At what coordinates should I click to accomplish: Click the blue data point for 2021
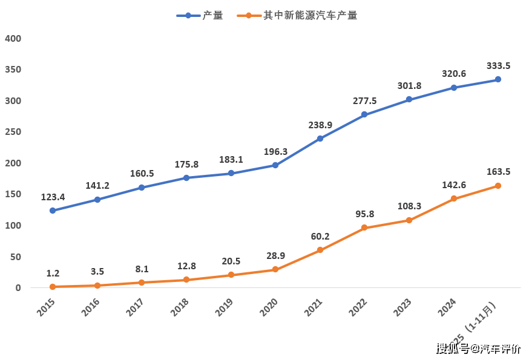pos(320,139)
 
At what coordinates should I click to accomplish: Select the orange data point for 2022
pos(364,228)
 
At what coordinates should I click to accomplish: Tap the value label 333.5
pos(498,66)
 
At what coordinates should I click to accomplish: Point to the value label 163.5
pos(498,172)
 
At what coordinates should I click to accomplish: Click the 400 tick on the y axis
pos(13,39)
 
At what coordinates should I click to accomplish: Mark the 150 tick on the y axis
pos(13,194)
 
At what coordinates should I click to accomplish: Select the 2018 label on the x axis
pos(180,307)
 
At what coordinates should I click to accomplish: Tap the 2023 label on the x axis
pos(402,307)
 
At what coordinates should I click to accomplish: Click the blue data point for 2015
pos(53,211)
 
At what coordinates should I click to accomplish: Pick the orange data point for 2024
pos(453,199)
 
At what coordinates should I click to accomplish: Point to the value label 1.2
pos(53,273)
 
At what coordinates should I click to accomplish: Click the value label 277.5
pos(364,101)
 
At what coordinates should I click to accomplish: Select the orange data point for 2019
pos(231,275)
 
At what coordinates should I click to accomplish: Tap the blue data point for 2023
pos(409,99)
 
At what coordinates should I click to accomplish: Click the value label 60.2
pos(320,237)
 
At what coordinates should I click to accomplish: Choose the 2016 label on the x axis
pos(91,307)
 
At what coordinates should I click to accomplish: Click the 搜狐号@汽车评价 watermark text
pos(478,349)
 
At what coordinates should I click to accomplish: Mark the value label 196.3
pos(275,151)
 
